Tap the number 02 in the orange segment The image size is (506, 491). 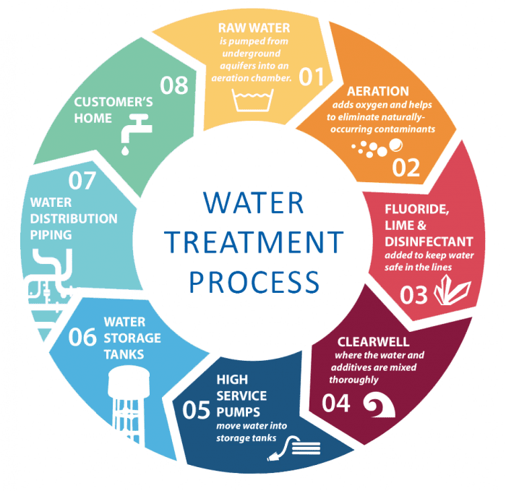[406, 167]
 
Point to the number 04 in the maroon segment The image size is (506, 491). [336, 403]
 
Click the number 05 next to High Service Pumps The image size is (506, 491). [197, 410]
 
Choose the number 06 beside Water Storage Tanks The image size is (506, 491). [82, 337]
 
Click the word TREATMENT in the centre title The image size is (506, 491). [253, 242]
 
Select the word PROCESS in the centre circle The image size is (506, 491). [253, 280]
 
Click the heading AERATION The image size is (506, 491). [377, 92]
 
